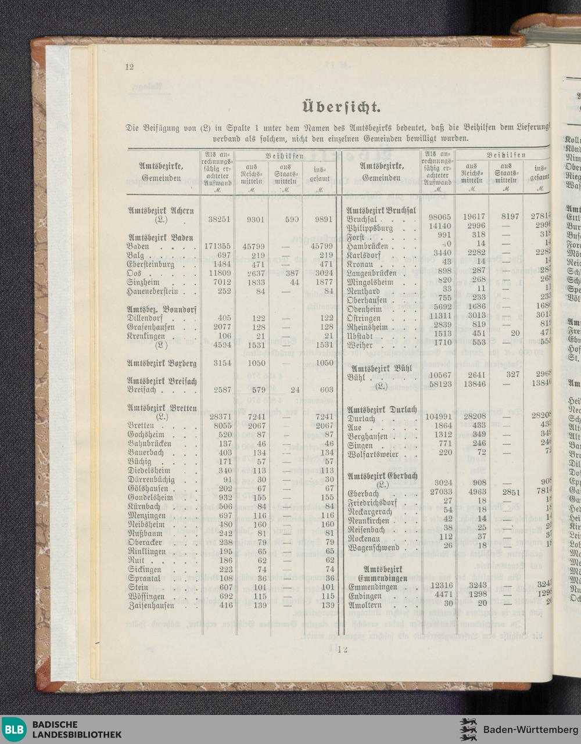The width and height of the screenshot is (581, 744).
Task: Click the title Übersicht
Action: [341, 107]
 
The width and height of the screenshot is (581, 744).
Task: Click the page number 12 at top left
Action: [129, 66]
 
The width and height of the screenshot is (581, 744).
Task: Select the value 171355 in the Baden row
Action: [218, 246]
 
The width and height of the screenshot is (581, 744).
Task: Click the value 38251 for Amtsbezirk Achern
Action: [220, 220]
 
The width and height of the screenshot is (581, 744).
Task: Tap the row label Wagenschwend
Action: [374, 547]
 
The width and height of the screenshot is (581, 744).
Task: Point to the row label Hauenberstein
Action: [155, 291]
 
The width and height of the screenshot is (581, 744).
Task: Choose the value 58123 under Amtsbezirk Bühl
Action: [440, 384]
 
